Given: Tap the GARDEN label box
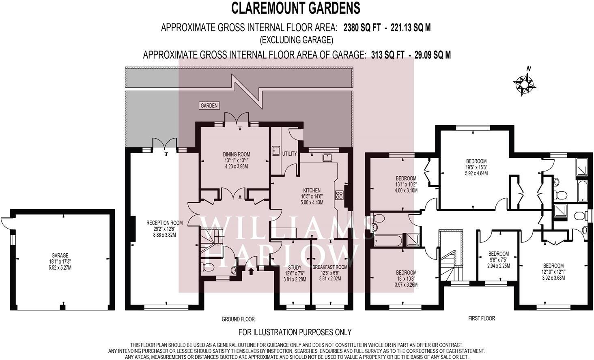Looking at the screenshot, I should tap(209, 106).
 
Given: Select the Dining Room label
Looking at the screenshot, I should tap(236, 160).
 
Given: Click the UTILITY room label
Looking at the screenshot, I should tap(290, 154).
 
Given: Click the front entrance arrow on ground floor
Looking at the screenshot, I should tap(250, 270).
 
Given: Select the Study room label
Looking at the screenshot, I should tap(295, 273).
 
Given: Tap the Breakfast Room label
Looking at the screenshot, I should tap(329, 273).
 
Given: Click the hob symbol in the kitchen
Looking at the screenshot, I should tap(339, 195).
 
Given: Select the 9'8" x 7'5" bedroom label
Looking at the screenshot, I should tap(498, 260).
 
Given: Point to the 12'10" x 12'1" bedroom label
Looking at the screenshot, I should tap(553, 272).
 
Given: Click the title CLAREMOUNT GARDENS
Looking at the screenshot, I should tap(295, 8).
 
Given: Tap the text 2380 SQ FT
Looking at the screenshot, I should tap(362, 28).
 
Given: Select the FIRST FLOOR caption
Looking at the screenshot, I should tap(482, 318).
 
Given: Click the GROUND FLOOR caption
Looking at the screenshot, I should tap(238, 319).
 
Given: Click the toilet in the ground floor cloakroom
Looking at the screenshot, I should tap(207, 267).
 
